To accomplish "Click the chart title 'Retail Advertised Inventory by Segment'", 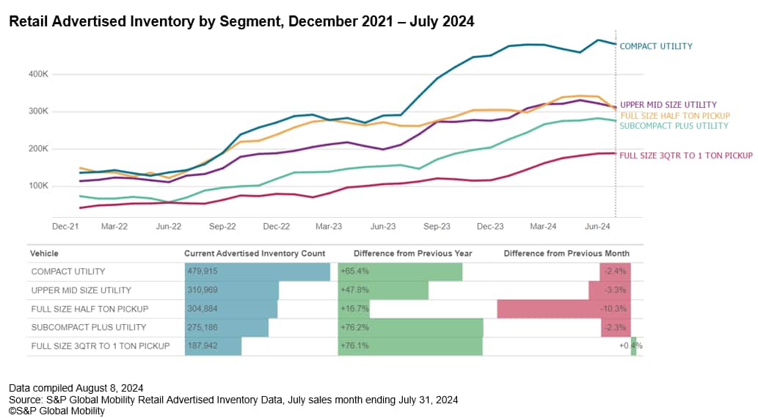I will click(241, 22).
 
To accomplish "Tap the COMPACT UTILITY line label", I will click(655, 46).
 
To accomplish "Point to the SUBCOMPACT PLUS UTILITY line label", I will click(674, 126).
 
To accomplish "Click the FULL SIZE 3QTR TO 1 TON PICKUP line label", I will click(685, 155).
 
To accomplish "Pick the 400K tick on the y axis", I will click(37, 75).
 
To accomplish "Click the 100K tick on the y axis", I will click(37, 186).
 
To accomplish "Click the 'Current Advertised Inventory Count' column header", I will click(254, 254).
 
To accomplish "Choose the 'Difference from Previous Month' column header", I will click(566, 254).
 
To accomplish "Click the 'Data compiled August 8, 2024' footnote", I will click(76, 387).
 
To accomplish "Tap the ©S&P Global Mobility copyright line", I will click(57, 411).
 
